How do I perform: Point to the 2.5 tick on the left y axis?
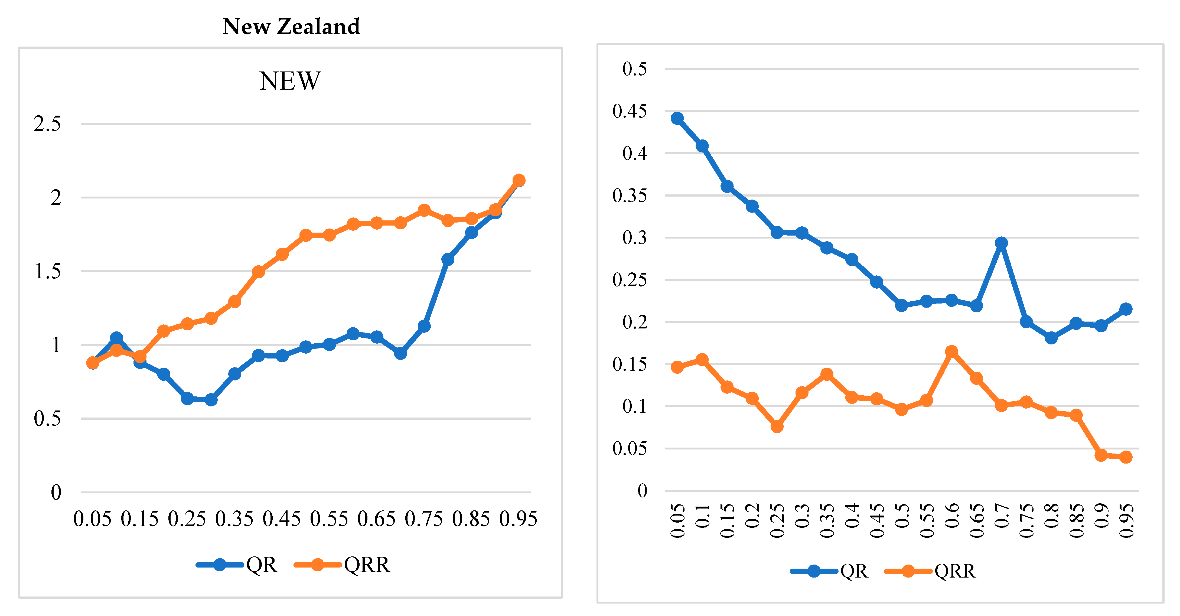[x=47, y=124]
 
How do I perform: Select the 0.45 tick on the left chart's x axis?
[x=281, y=519]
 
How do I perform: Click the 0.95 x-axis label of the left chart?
[x=518, y=519]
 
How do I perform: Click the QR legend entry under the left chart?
[x=237, y=565]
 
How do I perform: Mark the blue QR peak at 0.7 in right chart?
[x=1001, y=243]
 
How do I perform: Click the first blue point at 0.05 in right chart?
[x=677, y=118]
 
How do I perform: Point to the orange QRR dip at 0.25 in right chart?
[x=777, y=426]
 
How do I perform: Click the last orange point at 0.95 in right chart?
[x=1126, y=457]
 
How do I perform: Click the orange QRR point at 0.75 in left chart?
[x=424, y=210]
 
